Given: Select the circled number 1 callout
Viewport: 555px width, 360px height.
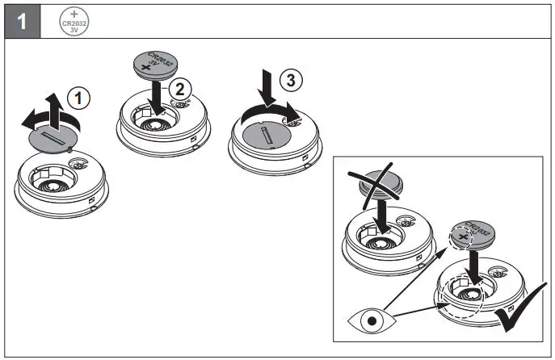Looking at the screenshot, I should [78, 98].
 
